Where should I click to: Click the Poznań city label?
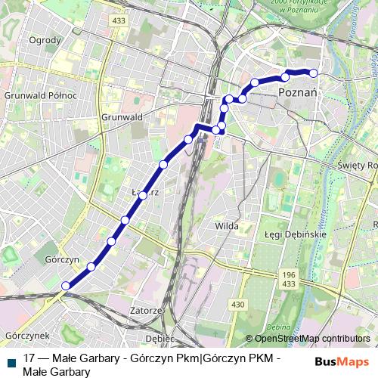pos(301,91)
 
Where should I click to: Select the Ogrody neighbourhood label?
pos(45,40)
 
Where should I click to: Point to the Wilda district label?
pos(227,225)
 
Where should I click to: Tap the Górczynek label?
pos(26,334)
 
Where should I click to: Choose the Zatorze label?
pos(147,310)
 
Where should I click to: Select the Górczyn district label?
pos(62,259)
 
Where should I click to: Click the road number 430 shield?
pos(238,304)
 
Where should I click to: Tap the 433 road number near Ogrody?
pos(118,20)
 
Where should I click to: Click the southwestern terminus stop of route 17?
pos(66,285)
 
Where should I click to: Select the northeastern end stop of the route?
pos(313,73)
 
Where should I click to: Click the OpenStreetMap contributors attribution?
pos(312,339)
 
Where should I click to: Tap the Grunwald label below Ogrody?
pos(122,118)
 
